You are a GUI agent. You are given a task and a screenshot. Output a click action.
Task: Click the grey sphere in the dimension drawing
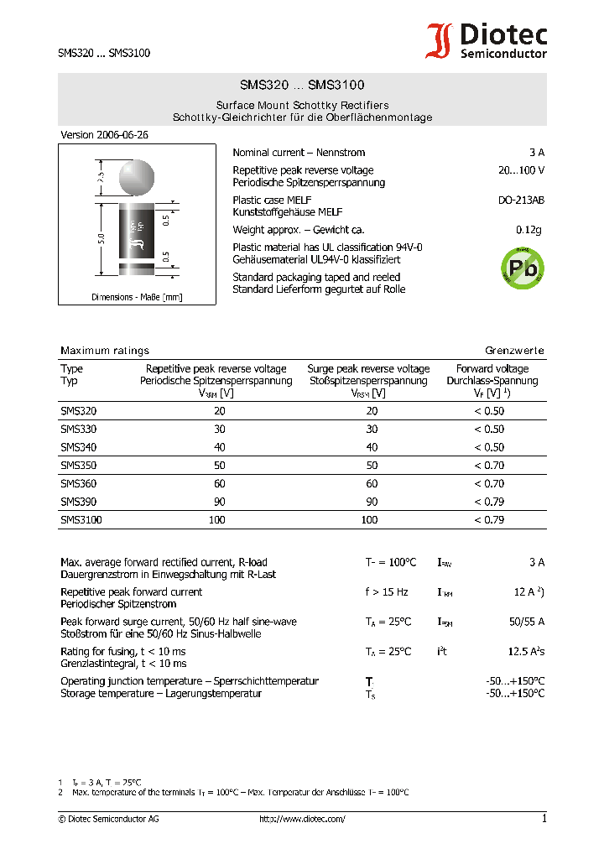click(x=137, y=177)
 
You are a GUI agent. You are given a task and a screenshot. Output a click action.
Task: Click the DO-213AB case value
click(x=521, y=201)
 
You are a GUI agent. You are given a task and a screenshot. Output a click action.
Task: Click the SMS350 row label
click(x=78, y=465)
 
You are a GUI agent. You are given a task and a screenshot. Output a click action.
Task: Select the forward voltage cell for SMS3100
click(x=489, y=520)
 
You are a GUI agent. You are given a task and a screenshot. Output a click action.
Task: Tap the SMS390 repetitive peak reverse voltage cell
click(x=219, y=502)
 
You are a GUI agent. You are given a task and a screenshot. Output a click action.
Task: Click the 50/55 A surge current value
click(x=526, y=622)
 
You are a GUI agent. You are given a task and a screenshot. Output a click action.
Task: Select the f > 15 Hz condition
click(x=387, y=592)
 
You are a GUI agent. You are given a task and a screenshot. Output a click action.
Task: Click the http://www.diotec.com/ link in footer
click(x=302, y=819)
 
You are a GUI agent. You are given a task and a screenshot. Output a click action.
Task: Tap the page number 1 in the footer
click(x=544, y=819)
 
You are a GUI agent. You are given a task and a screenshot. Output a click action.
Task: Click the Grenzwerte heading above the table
click(x=514, y=351)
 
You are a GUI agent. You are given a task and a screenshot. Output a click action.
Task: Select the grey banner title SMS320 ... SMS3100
click(x=302, y=86)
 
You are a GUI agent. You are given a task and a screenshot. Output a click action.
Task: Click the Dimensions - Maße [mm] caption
click(x=137, y=297)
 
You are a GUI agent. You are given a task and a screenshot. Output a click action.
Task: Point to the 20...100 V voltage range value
click(x=521, y=170)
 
